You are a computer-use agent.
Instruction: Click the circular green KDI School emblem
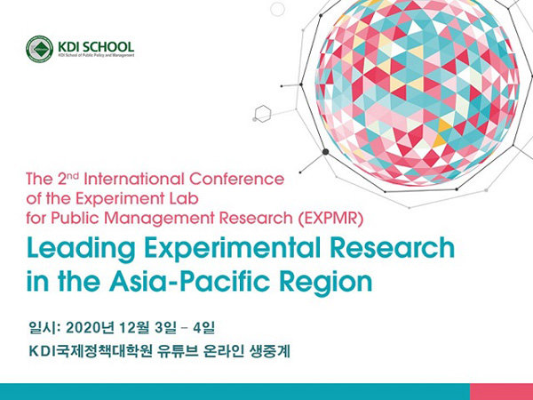point(40,50)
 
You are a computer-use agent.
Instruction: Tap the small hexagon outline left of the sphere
point(262,113)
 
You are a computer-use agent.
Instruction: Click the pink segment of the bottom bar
point(501,392)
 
